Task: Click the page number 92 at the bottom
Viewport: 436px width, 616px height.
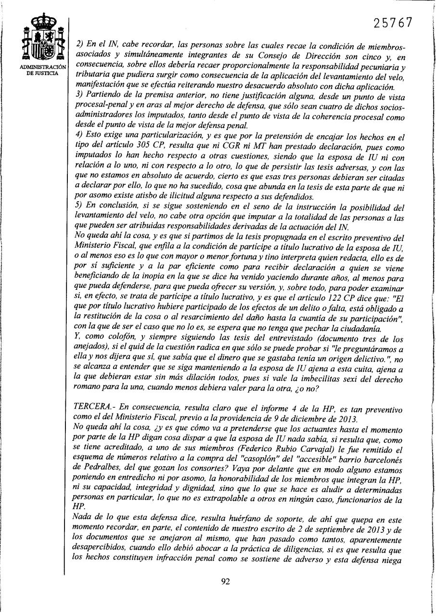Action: click(225, 581)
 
